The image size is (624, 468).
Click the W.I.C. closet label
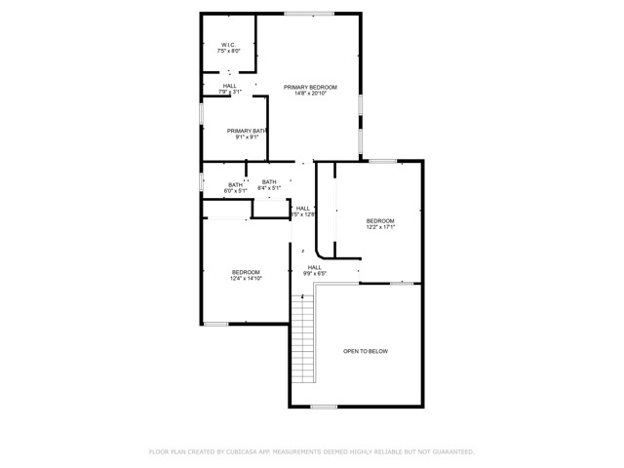coord(229,44)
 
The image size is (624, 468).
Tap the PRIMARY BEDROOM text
coord(310,88)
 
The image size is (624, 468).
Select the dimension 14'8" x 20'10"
coord(310,95)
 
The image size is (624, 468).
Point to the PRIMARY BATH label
coord(247,131)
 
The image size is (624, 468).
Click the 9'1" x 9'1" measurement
coord(247,137)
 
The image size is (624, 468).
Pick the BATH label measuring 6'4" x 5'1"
coord(269,181)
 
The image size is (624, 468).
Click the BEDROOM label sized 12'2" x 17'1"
coord(379,221)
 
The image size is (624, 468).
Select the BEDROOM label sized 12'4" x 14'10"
coord(246,272)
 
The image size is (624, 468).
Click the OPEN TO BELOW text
coord(366,351)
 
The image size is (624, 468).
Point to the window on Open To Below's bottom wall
coord(324,407)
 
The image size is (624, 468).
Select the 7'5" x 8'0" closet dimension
coord(229,51)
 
